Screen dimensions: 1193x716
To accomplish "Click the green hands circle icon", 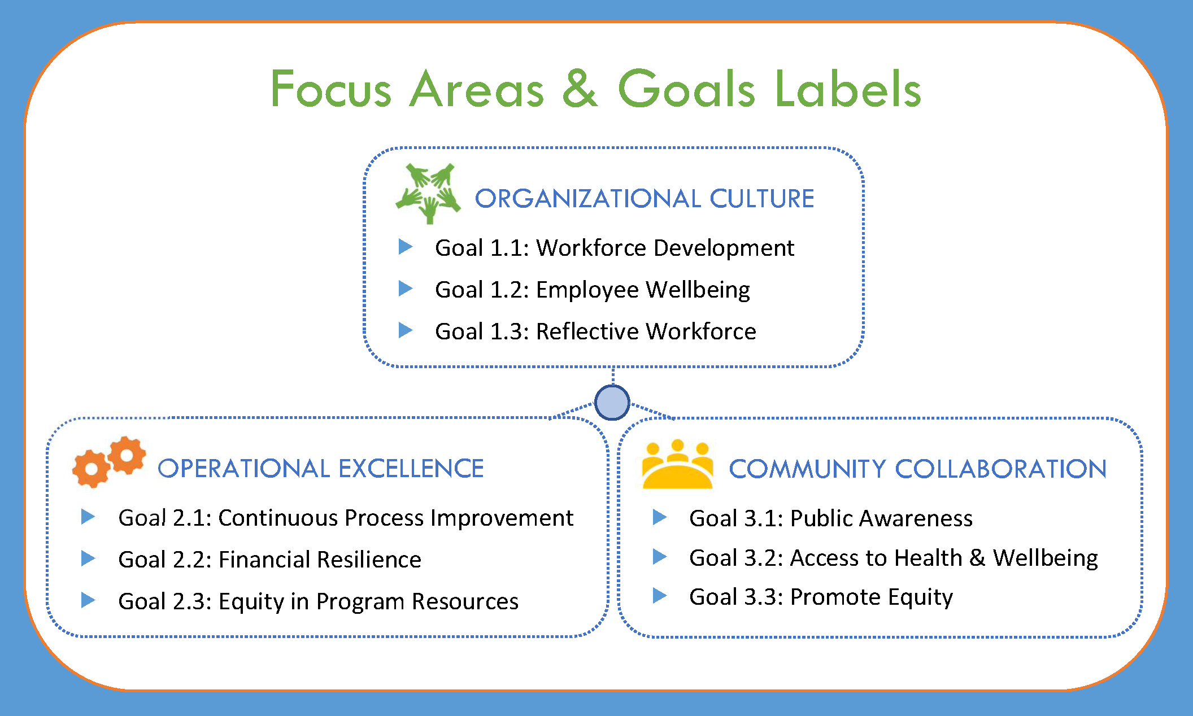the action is pyautogui.click(x=428, y=194).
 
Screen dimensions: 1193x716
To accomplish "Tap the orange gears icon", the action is pyautogui.click(x=109, y=462).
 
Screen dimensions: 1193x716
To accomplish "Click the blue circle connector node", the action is pyautogui.click(x=612, y=403).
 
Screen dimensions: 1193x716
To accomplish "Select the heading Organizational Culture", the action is pyautogui.click(x=645, y=199).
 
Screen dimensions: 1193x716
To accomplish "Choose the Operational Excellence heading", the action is pyautogui.click(x=321, y=469).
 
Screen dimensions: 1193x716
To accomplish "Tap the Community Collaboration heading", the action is pyautogui.click(x=918, y=469).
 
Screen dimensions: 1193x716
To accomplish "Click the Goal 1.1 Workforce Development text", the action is pyautogui.click(x=615, y=248).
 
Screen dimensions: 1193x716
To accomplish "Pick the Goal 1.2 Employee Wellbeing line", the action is pyautogui.click(x=593, y=290).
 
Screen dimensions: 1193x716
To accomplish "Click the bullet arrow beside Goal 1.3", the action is pyautogui.click(x=406, y=330).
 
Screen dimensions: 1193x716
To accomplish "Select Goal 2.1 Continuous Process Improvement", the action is pyautogui.click(x=346, y=518).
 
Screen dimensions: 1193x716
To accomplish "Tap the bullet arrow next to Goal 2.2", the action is pyautogui.click(x=88, y=558).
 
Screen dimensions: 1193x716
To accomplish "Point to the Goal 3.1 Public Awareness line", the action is pyautogui.click(x=831, y=518).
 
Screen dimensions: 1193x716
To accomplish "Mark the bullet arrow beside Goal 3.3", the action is pyautogui.click(x=660, y=596).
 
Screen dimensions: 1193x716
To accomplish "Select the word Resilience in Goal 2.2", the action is pyautogui.click(x=369, y=560).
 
